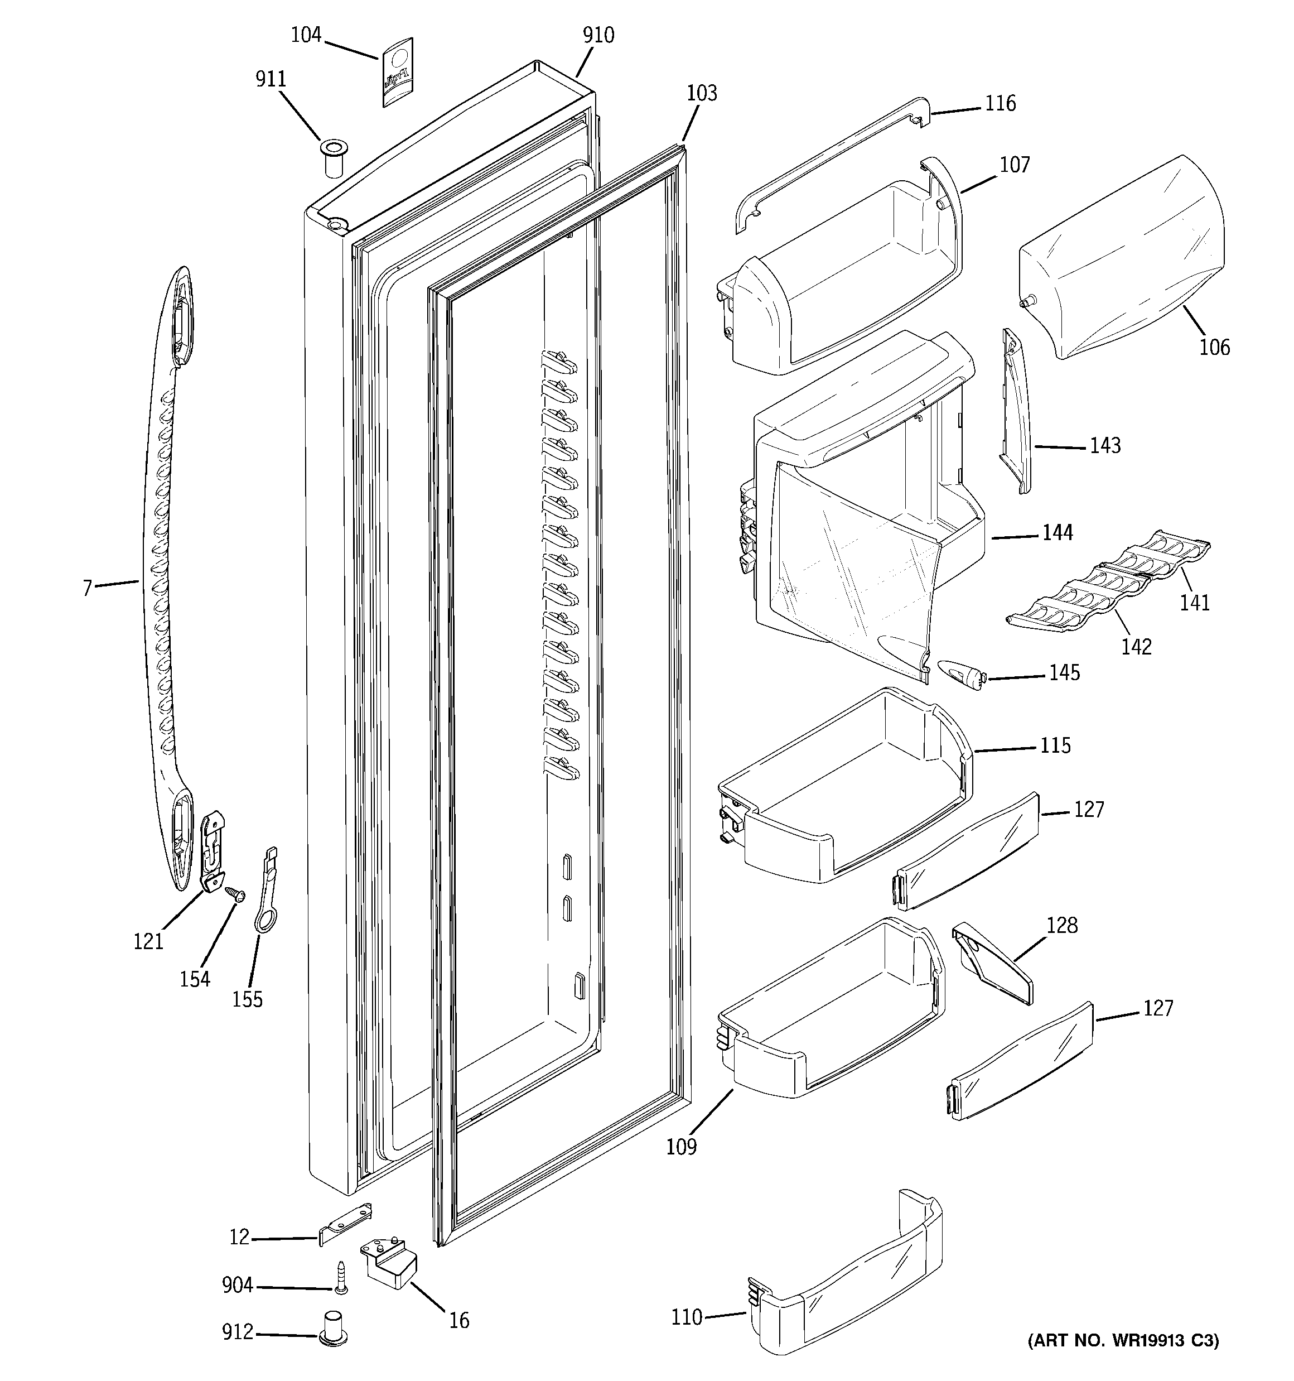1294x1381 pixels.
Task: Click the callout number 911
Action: [271, 80]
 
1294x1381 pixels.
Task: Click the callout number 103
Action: [702, 94]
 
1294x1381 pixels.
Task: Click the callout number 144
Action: [1057, 533]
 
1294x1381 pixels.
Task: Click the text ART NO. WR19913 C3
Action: [1123, 1359]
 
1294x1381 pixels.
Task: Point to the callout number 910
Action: [598, 35]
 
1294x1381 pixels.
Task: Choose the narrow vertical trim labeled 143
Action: [1015, 411]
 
